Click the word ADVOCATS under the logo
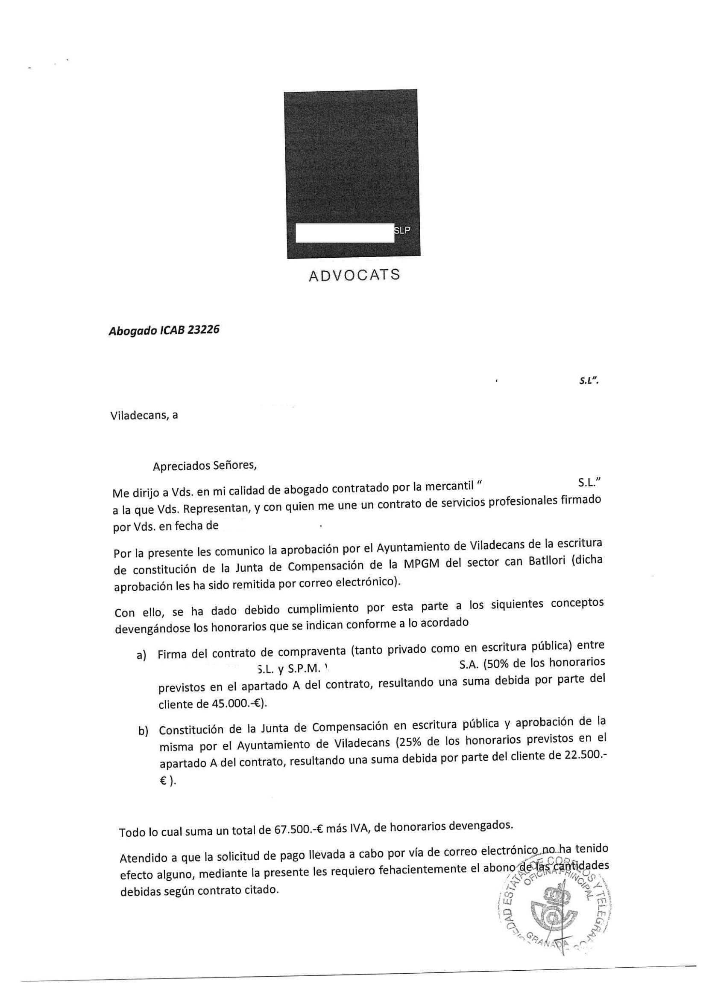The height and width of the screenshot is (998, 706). pos(354,275)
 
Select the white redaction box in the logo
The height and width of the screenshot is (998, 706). pos(345,233)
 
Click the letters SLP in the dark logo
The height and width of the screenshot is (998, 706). pos(402,230)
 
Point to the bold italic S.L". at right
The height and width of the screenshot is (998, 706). pos(589,381)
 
